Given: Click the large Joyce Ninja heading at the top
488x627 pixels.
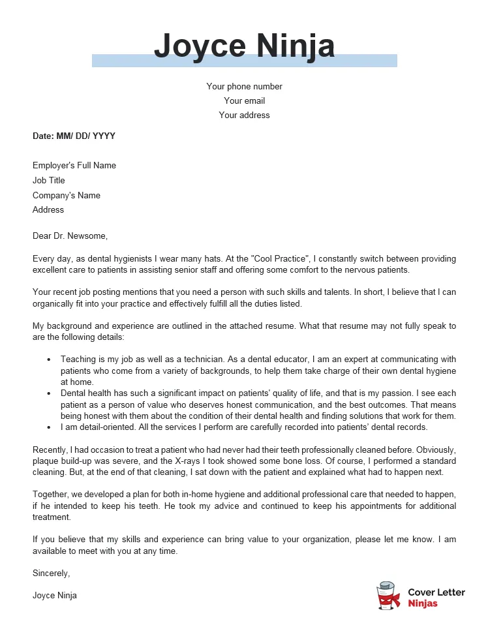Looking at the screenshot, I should (244, 46).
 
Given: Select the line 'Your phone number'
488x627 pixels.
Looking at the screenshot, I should (244, 87).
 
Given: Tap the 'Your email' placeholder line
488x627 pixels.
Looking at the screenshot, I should (244, 101).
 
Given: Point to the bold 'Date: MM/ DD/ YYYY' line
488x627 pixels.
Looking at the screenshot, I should (74, 136).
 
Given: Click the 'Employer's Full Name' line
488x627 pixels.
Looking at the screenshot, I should (74, 166).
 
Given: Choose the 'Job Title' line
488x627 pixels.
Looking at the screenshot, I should (49, 181).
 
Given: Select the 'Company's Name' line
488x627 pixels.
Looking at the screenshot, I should (67, 196).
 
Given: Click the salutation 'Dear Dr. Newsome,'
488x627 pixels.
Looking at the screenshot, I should (70, 236).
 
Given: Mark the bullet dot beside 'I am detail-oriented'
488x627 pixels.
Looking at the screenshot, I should (49, 428).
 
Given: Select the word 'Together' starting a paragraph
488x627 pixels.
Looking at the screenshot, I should (52, 496).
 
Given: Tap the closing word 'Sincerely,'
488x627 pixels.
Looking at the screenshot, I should (51, 573).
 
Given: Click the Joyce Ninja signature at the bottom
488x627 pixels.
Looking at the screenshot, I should (55, 596).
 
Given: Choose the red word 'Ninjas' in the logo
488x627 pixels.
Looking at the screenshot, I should (423, 604).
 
